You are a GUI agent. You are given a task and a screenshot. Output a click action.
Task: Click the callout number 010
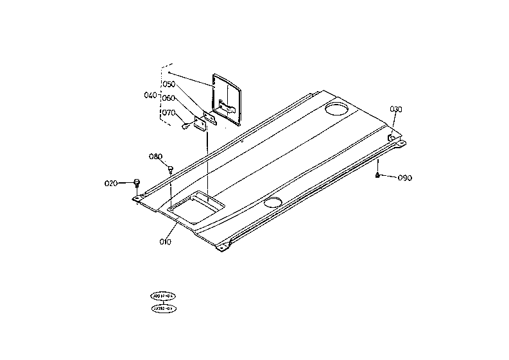point(165,242)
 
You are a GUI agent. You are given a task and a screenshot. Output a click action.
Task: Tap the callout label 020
point(111,184)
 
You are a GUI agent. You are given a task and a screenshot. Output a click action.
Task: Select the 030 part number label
point(396,109)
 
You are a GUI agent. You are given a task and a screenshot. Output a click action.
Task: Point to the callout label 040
point(151,95)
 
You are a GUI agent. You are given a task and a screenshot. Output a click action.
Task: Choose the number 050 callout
point(169,84)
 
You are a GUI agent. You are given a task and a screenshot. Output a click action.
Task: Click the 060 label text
point(169,98)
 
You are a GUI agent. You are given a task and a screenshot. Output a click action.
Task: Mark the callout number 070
point(169,112)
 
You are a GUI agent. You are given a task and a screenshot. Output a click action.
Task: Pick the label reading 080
point(156,156)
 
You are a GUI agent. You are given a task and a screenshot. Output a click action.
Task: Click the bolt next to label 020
point(137,182)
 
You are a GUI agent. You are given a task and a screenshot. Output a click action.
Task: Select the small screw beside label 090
point(378,175)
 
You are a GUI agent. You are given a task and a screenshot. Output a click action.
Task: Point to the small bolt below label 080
point(171,169)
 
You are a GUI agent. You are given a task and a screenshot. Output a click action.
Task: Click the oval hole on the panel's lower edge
point(272,203)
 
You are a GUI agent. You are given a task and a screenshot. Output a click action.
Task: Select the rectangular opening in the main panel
point(196,206)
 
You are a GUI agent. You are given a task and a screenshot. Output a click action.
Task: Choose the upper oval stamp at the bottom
point(163,296)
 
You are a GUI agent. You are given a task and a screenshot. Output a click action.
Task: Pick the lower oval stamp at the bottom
point(163,309)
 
